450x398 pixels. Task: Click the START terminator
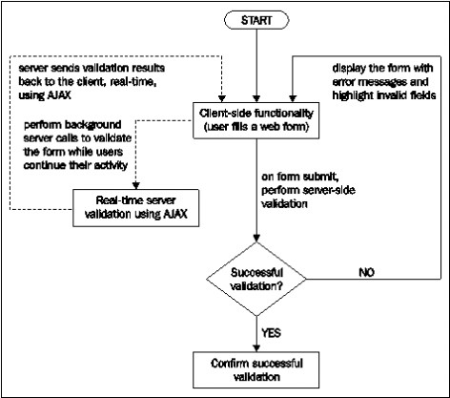pyautogui.click(x=256, y=20)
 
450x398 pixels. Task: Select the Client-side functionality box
pyautogui.click(x=256, y=120)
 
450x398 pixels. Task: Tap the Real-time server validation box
pyautogui.click(x=136, y=208)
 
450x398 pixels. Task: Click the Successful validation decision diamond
pyautogui.click(x=256, y=279)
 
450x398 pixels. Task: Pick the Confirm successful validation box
pyautogui.click(x=256, y=369)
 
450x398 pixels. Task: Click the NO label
pyautogui.click(x=366, y=272)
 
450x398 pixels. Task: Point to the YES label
pyautogui.click(x=271, y=333)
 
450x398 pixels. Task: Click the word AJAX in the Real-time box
pyautogui.click(x=175, y=214)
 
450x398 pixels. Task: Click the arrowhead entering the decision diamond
pyautogui.click(x=256, y=238)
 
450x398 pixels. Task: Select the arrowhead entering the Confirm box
pyautogui.click(x=256, y=347)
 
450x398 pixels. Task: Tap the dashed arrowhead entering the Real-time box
pyautogui.click(x=136, y=185)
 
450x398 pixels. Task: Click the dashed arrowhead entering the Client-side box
pyautogui.click(x=222, y=98)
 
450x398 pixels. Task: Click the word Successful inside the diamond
pyautogui.click(x=256, y=273)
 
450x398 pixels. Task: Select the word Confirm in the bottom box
pyautogui.click(x=226, y=364)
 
